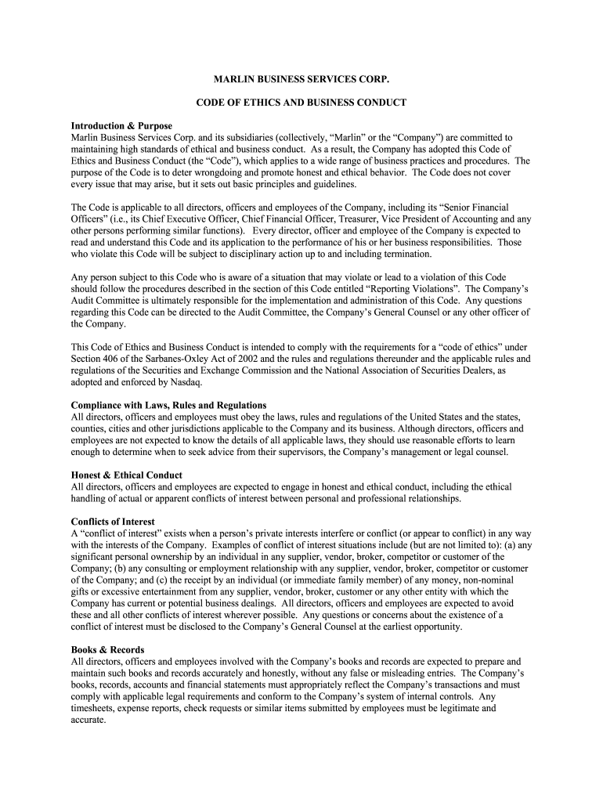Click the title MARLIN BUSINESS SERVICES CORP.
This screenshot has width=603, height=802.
[301, 81]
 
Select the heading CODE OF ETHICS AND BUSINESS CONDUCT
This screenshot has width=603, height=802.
[301, 103]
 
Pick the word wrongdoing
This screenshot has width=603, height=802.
[215, 172]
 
